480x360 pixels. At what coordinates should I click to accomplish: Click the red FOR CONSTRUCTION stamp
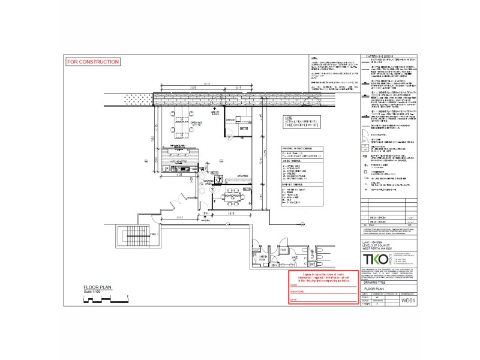coord(93,62)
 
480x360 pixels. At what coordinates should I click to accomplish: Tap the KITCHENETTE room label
coord(179,161)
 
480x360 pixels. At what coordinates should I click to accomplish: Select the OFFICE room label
coord(229,119)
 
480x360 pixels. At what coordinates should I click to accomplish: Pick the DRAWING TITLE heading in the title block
coord(375,289)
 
